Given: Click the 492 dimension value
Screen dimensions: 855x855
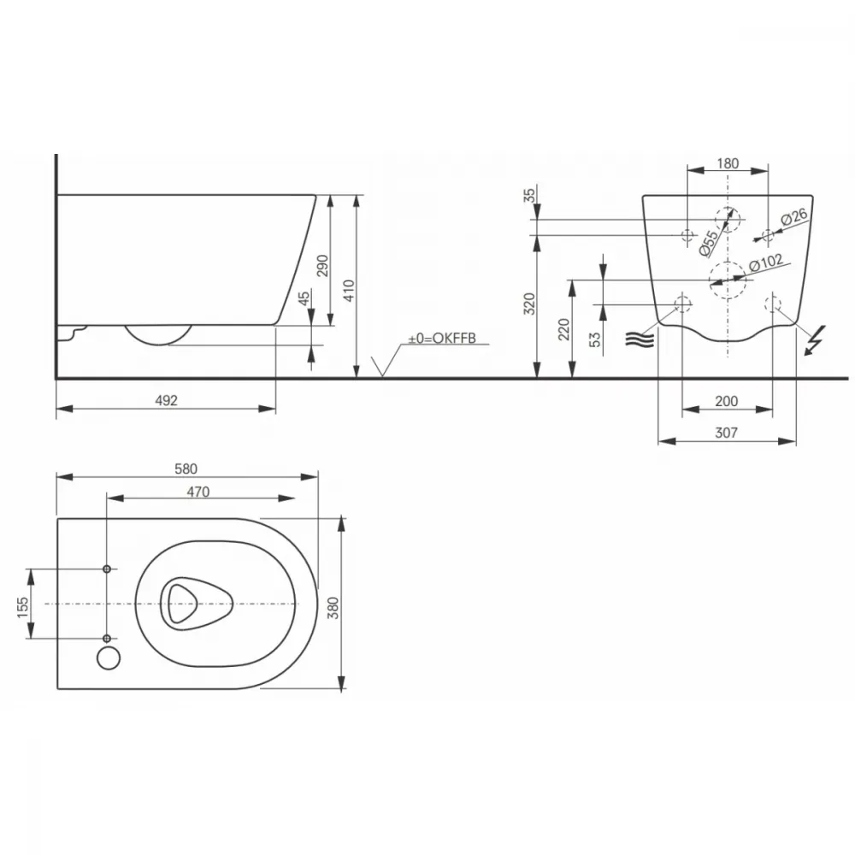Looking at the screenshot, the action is tap(167, 401).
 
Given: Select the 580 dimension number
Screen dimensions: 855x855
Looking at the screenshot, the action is tap(186, 469).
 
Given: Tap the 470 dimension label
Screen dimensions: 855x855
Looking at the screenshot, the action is tap(198, 492).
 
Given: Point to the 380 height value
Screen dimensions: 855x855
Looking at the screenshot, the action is tap(333, 607).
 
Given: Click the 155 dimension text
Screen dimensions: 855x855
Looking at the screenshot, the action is tap(22, 607).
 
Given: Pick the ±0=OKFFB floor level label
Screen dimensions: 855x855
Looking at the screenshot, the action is tap(442, 338).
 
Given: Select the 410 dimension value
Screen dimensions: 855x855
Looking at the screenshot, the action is tap(349, 290).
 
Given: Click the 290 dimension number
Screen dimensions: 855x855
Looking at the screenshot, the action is tap(323, 266).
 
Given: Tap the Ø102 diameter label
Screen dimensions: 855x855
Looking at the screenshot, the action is tap(766, 262).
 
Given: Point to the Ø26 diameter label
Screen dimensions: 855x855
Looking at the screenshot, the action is tap(794, 216).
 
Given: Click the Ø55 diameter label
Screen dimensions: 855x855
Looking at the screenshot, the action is tap(708, 243).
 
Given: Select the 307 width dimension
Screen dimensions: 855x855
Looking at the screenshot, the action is tap(726, 433).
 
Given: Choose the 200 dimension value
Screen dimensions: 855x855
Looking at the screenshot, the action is tap(726, 401).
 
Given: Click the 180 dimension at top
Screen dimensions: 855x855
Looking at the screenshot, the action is tap(728, 163).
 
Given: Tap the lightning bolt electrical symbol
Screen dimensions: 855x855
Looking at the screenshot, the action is tap(817, 339).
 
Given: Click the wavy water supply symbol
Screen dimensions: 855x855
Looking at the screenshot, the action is tap(640, 339).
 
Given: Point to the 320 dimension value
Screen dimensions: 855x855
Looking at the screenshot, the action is tap(529, 304).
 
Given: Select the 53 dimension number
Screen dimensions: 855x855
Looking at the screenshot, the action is tap(595, 339).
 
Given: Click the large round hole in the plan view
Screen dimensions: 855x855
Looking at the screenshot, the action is tap(109, 657).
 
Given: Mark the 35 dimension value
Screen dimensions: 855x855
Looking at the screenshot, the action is tap(529, 195).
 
